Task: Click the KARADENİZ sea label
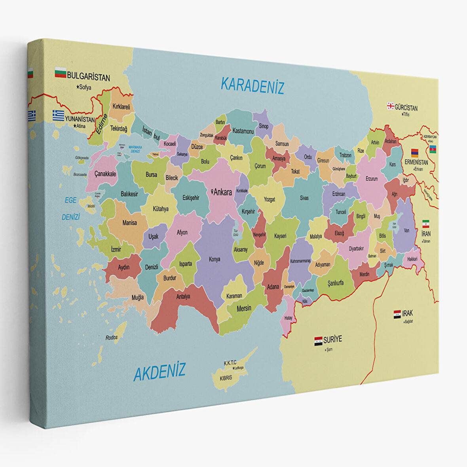click(252, 85)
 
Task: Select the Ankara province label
click(222, 193)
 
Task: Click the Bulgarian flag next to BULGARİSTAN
click(60, 73)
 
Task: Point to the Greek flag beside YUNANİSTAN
click(59, 115)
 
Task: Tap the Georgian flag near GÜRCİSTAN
click(390, 106)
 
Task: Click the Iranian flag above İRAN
click(425, 224)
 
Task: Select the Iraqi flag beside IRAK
click(397, 315)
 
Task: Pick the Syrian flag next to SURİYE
click(318, 341)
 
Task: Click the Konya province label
click(215, 260)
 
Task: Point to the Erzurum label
click(372, 179)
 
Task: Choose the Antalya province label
click(183, 296)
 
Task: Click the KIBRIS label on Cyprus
click(226, 378)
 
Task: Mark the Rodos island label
click(112, 338)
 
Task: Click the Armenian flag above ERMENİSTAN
click(414, 153)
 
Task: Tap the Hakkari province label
click(412, 259)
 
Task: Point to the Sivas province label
click(304, 198)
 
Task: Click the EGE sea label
click(70, 200)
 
